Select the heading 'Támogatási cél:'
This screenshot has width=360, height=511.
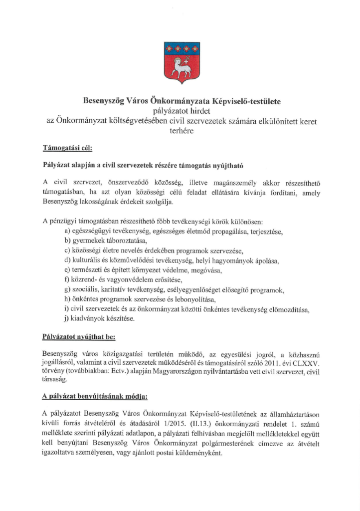(x=67, y=148)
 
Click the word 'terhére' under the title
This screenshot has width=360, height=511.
(x=180, y=131)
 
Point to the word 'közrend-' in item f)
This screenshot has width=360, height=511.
(x=86, y=280)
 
